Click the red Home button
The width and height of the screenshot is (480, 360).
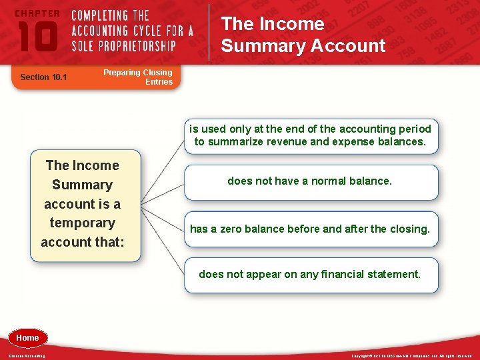[x=27, y=338]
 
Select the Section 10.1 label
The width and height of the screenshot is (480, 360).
[x=44, y=77]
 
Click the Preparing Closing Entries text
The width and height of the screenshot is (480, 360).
[x=138, y=77]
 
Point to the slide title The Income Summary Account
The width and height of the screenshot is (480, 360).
[x=303, y=35]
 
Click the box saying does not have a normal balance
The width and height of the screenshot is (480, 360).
[x=309, y=181]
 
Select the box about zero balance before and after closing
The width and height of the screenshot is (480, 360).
[x=309, y=229]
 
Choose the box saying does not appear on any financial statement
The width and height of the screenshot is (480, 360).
[x=309, y=274]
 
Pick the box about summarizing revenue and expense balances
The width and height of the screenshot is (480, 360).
[x=309, y=135]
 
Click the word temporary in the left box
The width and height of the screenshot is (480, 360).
[x=82, y=223]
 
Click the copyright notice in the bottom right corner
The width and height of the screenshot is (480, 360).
[x=411, y=356]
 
